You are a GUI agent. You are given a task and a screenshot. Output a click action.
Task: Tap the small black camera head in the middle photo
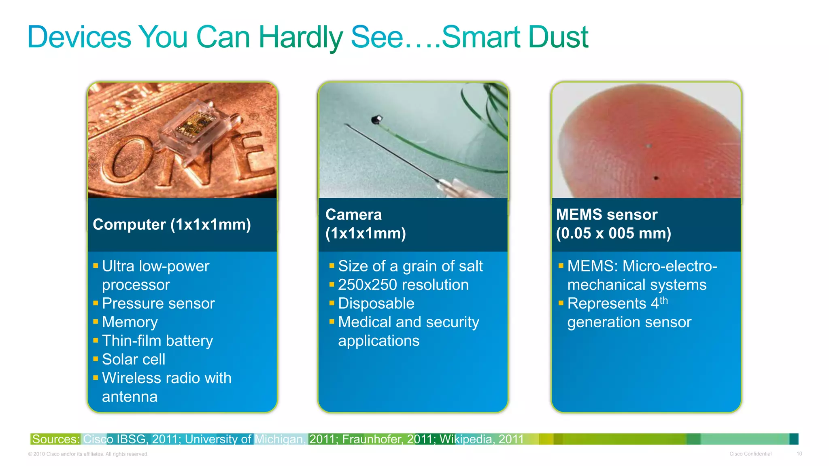[x=376, y=119]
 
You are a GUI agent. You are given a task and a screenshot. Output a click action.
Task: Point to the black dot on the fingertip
[x=656, y=178]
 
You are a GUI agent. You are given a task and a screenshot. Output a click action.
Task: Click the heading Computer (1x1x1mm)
[x=172, y=225]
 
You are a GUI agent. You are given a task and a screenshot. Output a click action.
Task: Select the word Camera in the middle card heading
[x=353, y=215]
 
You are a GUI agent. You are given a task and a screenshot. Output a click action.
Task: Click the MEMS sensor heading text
[x=606, y=215]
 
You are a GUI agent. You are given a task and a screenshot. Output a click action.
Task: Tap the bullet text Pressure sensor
[x=158, y=303]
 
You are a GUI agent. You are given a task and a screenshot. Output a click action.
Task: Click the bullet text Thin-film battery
[x=157, y=341]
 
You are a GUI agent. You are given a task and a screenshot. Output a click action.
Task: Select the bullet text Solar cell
[x=134, y=359]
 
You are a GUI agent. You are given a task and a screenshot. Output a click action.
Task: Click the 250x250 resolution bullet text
[x=403, y=285]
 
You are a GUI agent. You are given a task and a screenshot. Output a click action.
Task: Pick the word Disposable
[x=376, y=303]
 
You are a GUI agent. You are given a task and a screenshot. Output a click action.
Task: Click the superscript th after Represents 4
[x=663, y=301]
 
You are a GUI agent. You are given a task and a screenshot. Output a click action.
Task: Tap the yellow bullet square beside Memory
[x=96, y=322]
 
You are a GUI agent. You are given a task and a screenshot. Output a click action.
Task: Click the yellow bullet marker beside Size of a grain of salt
[x=332, y=266]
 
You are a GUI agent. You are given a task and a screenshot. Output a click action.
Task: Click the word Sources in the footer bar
[x=55, y=439]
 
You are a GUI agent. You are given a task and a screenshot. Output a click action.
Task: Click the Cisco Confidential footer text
[x=750, y=454]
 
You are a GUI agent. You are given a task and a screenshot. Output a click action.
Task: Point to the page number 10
[x=799, y=454]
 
